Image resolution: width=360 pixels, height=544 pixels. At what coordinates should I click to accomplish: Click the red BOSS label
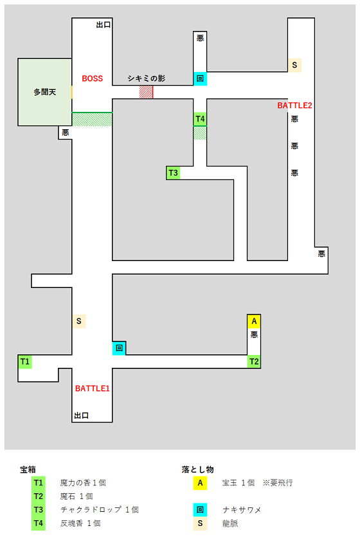93,78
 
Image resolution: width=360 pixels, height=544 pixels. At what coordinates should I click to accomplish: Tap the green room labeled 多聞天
45,92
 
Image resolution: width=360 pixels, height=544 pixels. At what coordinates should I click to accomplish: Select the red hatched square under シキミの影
146,92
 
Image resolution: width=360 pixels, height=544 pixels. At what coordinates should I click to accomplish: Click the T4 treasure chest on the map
200,119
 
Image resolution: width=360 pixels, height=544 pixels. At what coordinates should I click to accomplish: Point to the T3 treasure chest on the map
173,173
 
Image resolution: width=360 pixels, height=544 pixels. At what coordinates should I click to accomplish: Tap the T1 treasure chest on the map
25,362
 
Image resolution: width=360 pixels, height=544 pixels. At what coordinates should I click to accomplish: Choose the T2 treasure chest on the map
254,361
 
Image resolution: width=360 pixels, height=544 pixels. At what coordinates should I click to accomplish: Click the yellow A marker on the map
254,322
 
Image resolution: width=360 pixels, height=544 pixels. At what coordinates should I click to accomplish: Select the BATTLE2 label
294,105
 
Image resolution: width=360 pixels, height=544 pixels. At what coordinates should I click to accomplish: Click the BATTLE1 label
93,388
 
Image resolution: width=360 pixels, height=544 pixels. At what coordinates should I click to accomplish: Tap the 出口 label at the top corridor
104,24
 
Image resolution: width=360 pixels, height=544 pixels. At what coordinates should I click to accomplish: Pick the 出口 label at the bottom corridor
82,415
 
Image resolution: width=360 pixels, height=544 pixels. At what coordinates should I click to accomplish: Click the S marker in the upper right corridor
294,65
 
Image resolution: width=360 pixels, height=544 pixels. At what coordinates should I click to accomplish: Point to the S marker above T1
79,322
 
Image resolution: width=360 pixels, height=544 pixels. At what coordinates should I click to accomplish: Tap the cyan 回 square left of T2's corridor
119,348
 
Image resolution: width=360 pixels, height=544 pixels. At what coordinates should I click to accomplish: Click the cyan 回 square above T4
200,78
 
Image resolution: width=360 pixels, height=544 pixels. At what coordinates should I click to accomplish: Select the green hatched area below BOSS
92,120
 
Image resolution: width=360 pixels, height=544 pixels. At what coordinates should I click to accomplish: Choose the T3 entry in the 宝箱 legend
39,510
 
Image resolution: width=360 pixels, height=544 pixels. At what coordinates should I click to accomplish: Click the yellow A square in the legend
200,483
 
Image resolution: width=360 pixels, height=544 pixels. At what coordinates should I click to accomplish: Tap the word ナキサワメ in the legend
242,510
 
